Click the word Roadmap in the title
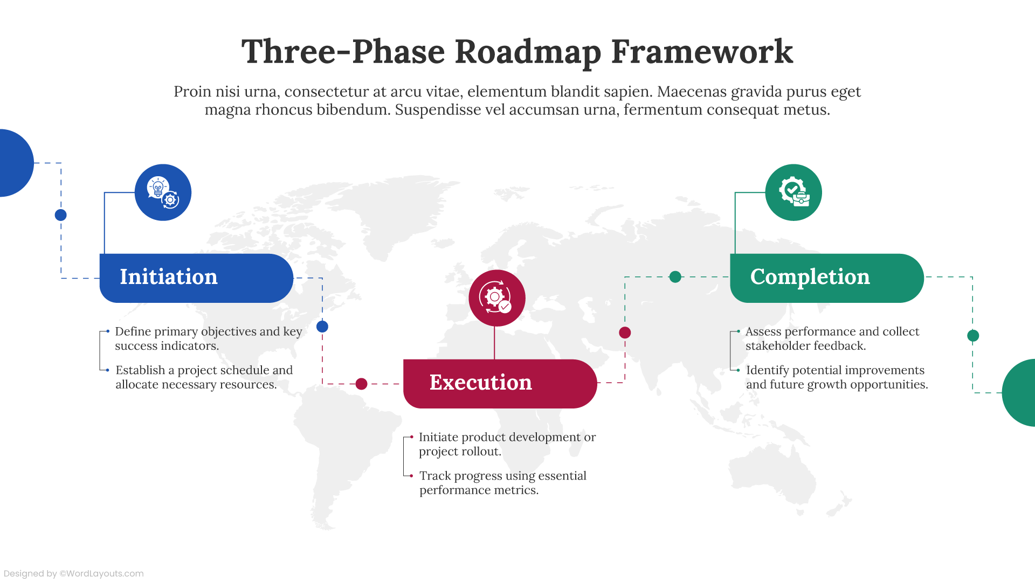528,52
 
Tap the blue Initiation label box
196,278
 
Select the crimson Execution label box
500,383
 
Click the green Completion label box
826,278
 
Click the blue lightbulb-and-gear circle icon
163,192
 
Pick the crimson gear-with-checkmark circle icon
497,297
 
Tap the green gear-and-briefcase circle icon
793,192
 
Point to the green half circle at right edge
1020,393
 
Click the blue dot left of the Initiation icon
61,215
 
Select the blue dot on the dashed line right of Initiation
322,327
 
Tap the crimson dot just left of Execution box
362,384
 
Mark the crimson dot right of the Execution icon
625,332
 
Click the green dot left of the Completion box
675,277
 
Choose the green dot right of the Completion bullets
973,336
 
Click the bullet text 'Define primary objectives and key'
208,331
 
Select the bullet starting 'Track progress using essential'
502,476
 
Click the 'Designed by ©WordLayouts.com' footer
74,573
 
